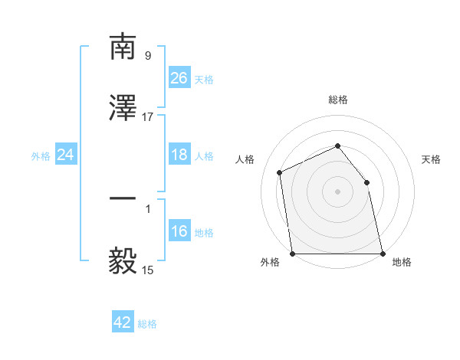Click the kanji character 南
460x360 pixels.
point(123,47)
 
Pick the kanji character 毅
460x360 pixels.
point(123,262)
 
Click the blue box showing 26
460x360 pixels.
point(179,78)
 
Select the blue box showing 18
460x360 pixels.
point(179,155)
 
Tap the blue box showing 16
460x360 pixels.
point(179,231)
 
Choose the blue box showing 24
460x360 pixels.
point(66,155)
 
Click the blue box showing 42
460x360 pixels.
point(123,322)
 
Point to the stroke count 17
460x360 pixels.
point(148,117)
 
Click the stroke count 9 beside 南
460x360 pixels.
point(148,56)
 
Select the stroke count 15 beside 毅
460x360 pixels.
point(148,270)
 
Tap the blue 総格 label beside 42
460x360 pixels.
point(147,324)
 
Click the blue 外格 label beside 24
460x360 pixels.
point(41,156)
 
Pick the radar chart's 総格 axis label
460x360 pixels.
point(338,100)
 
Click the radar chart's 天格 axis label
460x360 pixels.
point(432,159)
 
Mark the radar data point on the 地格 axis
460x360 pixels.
point(382,254)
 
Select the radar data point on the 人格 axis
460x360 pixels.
point(280,172)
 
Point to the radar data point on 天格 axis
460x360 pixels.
point(366,182)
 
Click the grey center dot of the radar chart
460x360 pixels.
point(338,191)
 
